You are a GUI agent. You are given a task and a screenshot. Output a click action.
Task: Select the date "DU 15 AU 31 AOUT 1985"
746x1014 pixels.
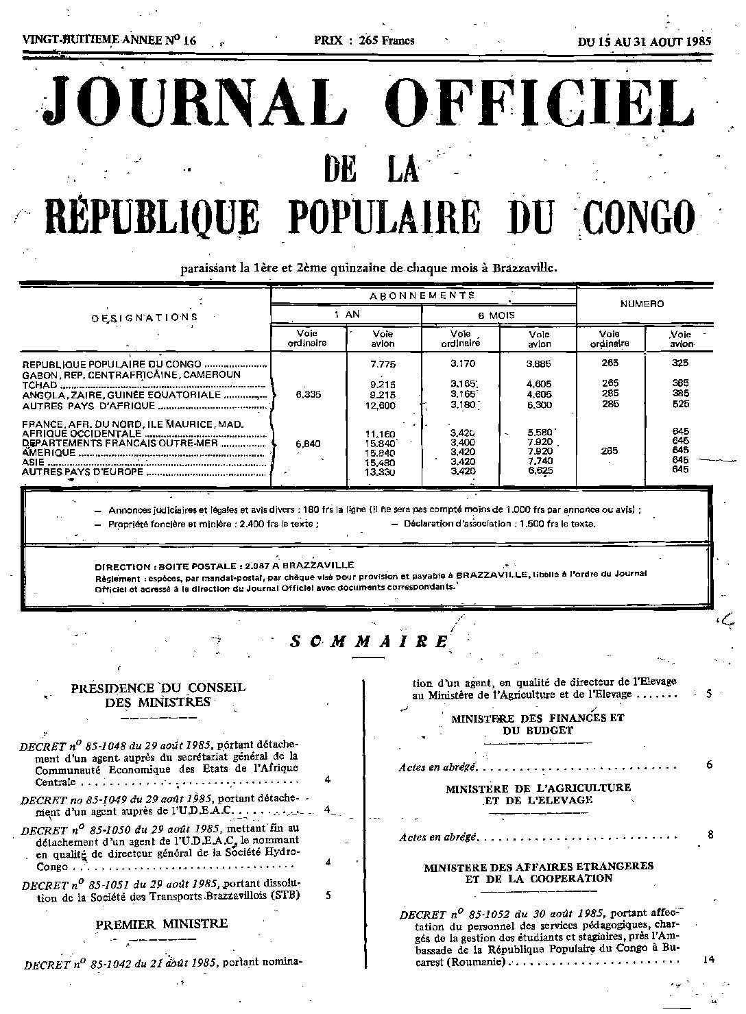[645, 41]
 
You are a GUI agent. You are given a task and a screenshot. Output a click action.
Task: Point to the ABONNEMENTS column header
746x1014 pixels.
[423, 295]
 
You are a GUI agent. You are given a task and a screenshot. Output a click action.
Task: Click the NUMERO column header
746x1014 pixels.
[642, 304]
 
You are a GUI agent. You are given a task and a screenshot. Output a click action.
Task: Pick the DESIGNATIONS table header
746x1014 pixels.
[145, 317]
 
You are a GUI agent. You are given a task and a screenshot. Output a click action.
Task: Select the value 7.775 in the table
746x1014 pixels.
[383, 364]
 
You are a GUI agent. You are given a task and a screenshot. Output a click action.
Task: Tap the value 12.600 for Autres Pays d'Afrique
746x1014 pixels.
[383, 405]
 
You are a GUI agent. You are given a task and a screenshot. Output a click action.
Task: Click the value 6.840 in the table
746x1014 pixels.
[309, 444]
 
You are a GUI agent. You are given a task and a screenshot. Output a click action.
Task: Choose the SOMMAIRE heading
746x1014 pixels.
[369, 641]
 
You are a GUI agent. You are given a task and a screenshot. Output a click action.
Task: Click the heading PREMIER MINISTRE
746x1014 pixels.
[162, 924]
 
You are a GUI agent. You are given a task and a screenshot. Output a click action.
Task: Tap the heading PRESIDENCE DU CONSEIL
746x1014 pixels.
[158, 688]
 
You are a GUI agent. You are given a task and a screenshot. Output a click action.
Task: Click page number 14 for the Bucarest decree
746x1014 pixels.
[709, 960]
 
